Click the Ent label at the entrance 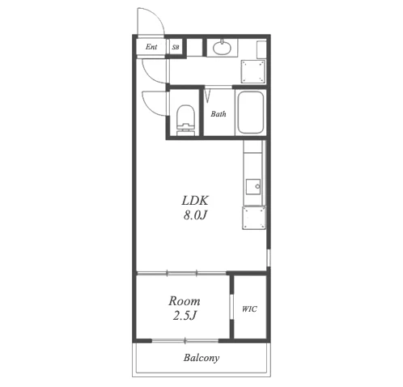[x=151, y=47]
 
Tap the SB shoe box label [x=176, y=47]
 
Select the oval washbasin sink [x=222, y=48]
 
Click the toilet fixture [x=185, y=120]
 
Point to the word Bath [x=218, y=114]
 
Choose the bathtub [x=251, y=113]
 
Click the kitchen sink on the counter [x=253, y=186]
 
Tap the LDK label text [x=195, y=201]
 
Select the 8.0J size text [x=195, y=215]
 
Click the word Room [x=185, y=301]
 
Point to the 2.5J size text [x=185, y=315]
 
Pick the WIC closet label [x=249, y=308]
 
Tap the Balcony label [x=201, y=358]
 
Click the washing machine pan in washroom [x=252, y=71]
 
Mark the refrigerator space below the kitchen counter [x=254, y=218]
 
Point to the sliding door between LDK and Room [x=181, y=274]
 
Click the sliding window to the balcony [x=185, y=341]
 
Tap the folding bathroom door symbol [x=207, y=95]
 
